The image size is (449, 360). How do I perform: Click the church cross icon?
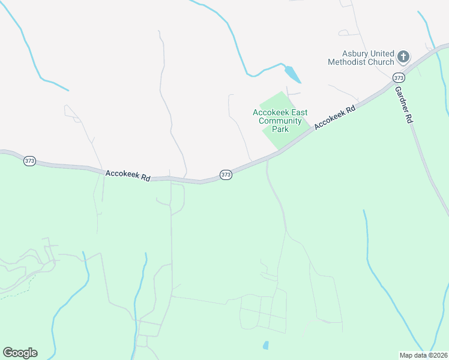[x=403, y=57]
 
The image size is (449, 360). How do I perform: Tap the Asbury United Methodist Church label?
[x=361, y=57]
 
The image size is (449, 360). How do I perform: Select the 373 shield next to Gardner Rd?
[x=399, y=77]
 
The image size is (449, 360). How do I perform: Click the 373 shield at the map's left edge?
[x=30, y=161]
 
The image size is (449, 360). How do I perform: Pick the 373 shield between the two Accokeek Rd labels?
[x=225, y=175]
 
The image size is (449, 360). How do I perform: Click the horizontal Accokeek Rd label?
[x=128, y=175]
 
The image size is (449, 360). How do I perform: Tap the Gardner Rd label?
[x=404, y=104]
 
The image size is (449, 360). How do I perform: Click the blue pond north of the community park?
[x=292, y=74]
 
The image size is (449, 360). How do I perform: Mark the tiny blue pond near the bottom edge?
[x=265, y=345]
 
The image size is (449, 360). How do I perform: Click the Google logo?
[x=20, y=353]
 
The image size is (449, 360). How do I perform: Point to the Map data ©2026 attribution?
[x=423, y=355]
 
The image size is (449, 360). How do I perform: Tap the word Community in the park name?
[x=279, y=121]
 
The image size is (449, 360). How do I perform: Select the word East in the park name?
[x=296, y=112]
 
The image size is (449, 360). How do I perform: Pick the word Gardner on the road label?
[x=401, y=98]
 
